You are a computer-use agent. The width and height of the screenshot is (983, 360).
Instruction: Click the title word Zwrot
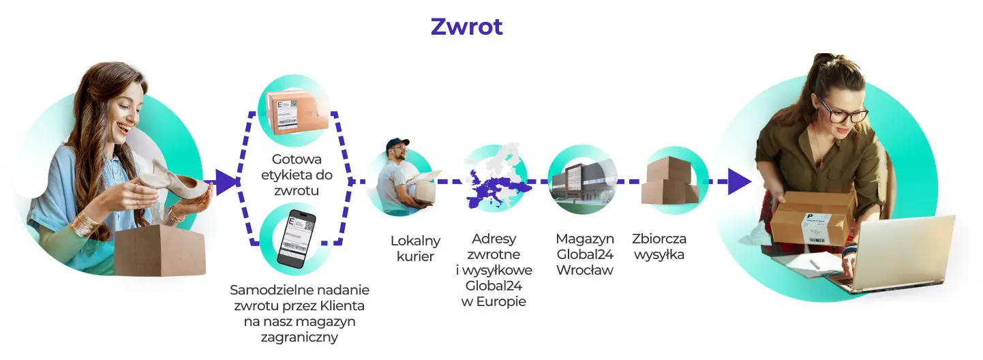pos(466,27)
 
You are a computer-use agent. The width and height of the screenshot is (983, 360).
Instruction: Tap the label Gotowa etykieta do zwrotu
pos(296,175)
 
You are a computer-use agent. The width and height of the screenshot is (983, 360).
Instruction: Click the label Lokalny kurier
pos(415,248)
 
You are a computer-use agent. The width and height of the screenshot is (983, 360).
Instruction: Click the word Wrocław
pos(584,270)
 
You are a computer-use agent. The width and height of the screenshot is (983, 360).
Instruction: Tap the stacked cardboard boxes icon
pos(671,181)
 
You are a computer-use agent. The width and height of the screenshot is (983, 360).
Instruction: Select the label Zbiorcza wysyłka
pos(659,247)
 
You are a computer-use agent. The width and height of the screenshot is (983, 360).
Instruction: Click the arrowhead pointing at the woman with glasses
pos(738,181)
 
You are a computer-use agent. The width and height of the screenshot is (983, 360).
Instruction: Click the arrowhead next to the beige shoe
pos(226,182)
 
